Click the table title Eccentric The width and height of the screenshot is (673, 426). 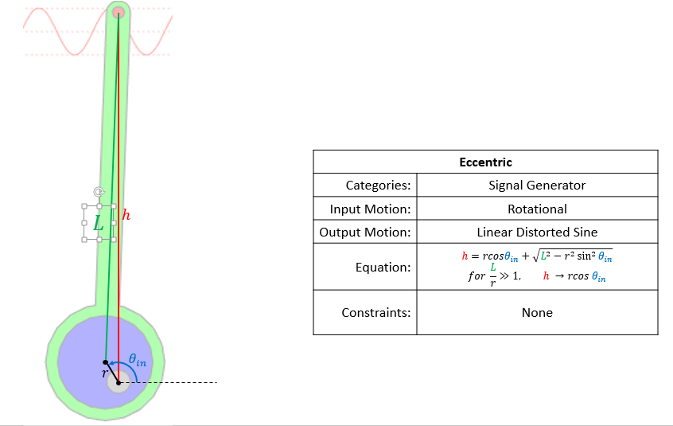click(485, 162)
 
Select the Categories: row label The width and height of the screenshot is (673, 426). click(378, 186)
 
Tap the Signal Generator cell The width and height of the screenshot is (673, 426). click(537, 186)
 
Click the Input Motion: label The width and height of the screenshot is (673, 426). click(370, 209)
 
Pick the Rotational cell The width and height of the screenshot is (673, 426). click(537, 209)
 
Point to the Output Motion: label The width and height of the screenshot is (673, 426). click(365, 233)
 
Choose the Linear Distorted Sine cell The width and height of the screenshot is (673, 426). click(537, 233)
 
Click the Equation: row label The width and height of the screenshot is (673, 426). click(383, 268)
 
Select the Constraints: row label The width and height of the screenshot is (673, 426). click(375, 313)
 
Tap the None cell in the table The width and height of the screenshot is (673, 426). click(537, 313)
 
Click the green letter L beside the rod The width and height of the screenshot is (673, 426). click(98, 224)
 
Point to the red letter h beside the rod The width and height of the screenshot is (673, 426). click(126, 214)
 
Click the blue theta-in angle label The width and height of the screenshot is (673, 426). click(137, 362)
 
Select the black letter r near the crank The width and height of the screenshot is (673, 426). click(104, 373)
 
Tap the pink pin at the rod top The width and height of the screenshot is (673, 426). click(119, 12)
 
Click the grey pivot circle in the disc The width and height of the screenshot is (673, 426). click(118, 381)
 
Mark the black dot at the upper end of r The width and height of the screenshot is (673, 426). click(106, 362)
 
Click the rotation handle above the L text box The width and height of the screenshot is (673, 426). click(98, 192)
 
